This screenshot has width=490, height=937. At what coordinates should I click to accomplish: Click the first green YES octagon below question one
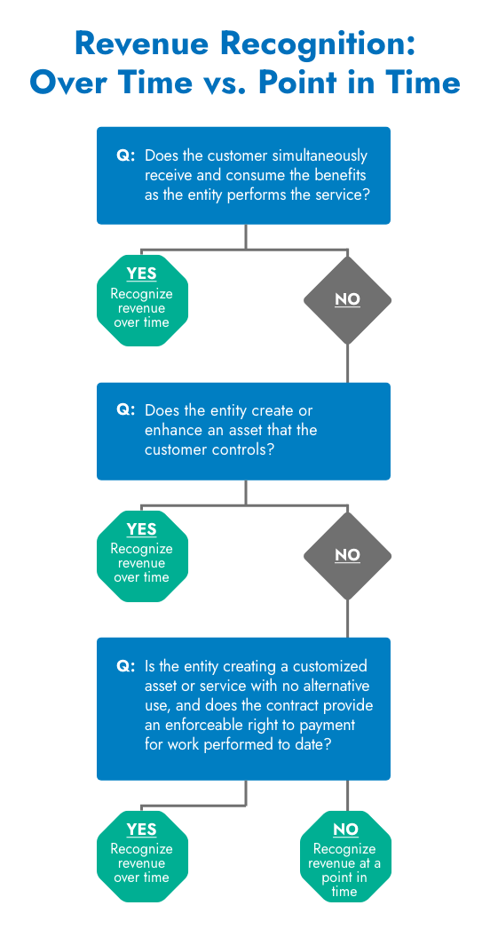point(142,300)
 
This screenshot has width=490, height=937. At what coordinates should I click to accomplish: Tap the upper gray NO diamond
point(347,300)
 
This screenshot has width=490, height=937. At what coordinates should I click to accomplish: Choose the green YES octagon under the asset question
point(142,556)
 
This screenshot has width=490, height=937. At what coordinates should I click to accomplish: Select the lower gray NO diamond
point(347,556)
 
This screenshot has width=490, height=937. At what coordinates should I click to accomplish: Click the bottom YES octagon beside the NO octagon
point(142,856)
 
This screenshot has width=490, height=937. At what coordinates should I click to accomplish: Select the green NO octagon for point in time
point(345,856)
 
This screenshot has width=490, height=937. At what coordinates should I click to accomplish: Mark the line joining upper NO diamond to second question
point(347,363)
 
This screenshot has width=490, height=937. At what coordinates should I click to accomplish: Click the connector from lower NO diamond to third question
point(347,618)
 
